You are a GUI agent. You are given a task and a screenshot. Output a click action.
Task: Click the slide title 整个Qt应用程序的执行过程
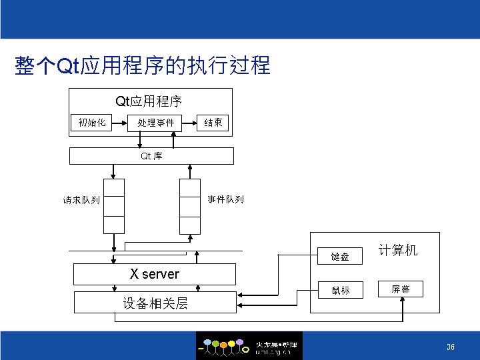pyautogui.click(x=142, y=66)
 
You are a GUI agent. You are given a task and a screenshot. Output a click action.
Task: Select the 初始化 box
pyautogui.click(x=91, y=122)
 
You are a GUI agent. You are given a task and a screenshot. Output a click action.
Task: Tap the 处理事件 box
pyautogui.click(x=155, y=123)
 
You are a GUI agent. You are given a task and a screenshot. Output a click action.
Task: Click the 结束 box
pyautogui.click(x=213, y=122)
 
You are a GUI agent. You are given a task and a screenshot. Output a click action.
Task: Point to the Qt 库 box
pyautogui.click(x=152, y=156)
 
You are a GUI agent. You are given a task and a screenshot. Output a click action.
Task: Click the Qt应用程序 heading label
pyautogui.click(x=149, y=101)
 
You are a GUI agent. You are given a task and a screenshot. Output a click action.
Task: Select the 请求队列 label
pyautogui.click(x=81, y=199)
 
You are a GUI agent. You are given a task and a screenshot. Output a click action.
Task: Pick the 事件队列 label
pyautogui.click(x=225, y=199)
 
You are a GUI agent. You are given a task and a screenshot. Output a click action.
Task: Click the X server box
pyautogui.click(x=154, y=274)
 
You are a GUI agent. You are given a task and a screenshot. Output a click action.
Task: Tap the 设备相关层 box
pyautogui.click(x=155, y=303)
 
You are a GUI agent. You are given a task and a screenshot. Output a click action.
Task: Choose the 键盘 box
pyautogui.click(x=340, y=256)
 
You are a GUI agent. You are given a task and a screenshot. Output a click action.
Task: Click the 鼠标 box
pyautogui.click(x=340, y=290)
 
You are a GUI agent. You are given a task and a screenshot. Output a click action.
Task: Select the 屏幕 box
pyautogui.click(x=401, y=289)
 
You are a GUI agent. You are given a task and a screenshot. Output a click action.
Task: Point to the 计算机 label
pyautogui.click(x=398, y=251)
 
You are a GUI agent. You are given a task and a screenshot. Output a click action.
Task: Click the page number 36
pyautogui.click(x=451, y=347)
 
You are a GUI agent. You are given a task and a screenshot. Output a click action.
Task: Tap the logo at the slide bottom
pyautogui.click(x=249, y=346)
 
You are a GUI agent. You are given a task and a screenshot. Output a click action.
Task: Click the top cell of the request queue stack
pyautogui.click(x=114, y=188)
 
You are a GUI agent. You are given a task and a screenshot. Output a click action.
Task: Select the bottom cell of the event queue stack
pyautogui.click(x=190, y=224)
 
